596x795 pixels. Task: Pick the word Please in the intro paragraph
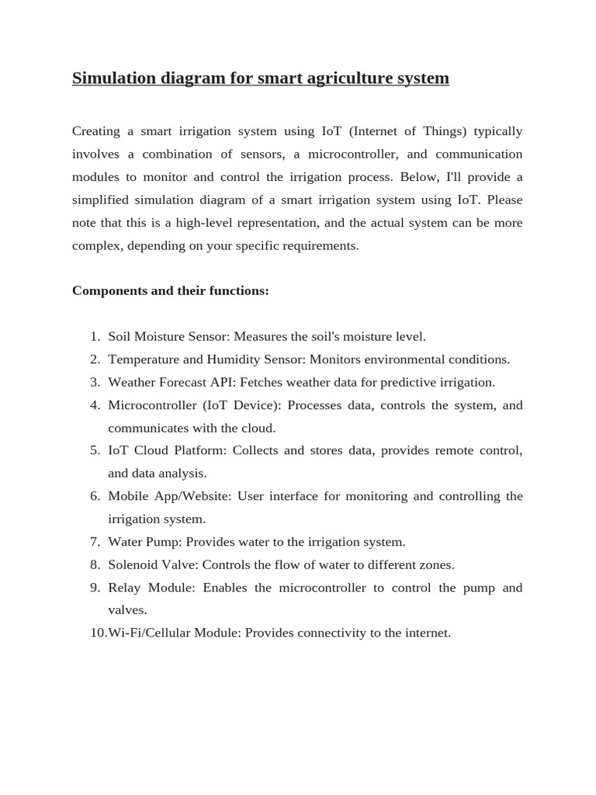point(504,200)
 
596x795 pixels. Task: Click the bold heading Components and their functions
point(170,291)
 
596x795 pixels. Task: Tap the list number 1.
point(94,337)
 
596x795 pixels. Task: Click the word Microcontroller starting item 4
point(151,405)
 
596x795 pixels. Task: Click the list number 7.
point(94,542)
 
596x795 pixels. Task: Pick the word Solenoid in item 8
point(133,565)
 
